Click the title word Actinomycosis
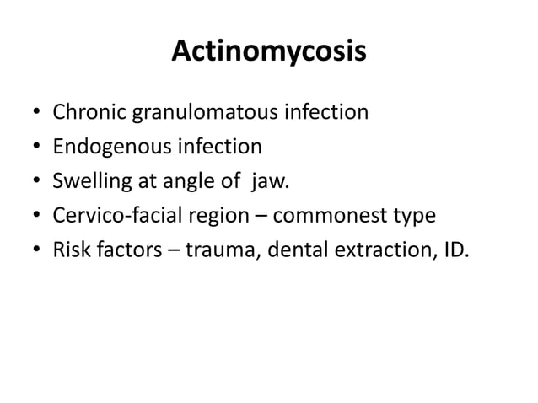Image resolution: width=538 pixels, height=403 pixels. [x=269, y=51]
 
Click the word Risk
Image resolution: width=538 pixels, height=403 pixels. [x=71, y=250]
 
